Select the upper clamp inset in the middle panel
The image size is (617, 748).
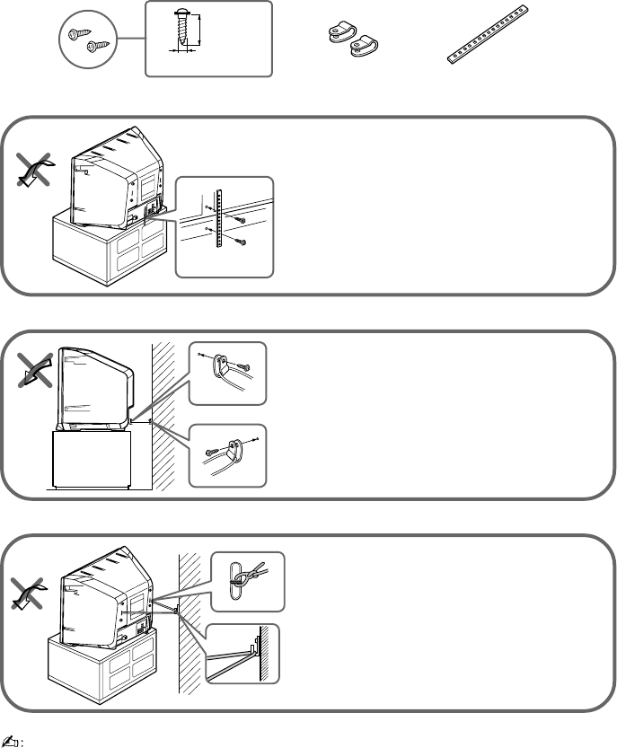(228, 371)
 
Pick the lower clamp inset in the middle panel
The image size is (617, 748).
(228, 453)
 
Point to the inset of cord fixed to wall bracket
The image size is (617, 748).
(242, 652)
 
